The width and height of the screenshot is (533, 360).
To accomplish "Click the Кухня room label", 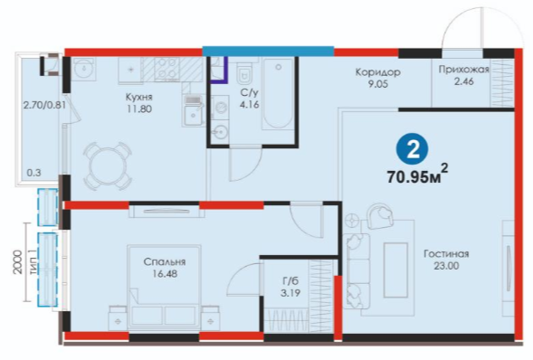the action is pyautogui.click(x=139, y=97).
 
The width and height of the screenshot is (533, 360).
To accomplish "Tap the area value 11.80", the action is pyautogui.click(x=139, y=109).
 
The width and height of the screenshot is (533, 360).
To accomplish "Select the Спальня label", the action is pyautogui.click(x=165, y=261).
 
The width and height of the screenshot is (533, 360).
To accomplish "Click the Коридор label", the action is pyautogui.click(x=377, y=72).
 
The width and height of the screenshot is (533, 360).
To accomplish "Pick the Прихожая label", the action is pyautogui.click(x=463, y=70).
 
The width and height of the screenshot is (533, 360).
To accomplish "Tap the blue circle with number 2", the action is pyautogui.click(x=413, y=149).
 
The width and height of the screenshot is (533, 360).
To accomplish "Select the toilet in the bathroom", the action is pyautogui.click(x=244, y=72).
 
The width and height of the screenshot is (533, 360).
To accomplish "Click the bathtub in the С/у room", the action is pyautogui.click(x=278, y=93).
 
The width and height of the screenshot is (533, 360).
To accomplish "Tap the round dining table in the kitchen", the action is pyautogui.click(x=108, y=166).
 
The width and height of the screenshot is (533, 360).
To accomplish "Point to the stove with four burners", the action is pyautogui.click(x=167, y=70).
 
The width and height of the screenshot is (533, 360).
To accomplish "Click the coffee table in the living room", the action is pyautogui.click(x=395, y=270).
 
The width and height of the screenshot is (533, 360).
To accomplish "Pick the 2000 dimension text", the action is pyautogui.click(x=18, y=262).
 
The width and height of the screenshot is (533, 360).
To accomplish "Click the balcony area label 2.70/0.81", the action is pyautogui.click(x=44, y=105).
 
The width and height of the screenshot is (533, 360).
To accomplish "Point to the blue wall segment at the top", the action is pyautogui.click(x=268, y=51).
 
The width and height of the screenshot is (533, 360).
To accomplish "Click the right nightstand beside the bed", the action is pyautogui.click(x=211, y=318).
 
